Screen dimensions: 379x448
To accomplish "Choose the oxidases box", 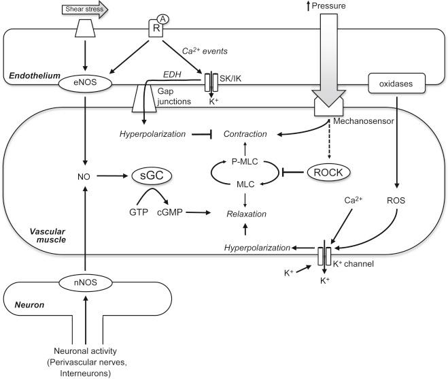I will pos(391,85).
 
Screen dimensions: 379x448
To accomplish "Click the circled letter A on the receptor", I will pos(162,8).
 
